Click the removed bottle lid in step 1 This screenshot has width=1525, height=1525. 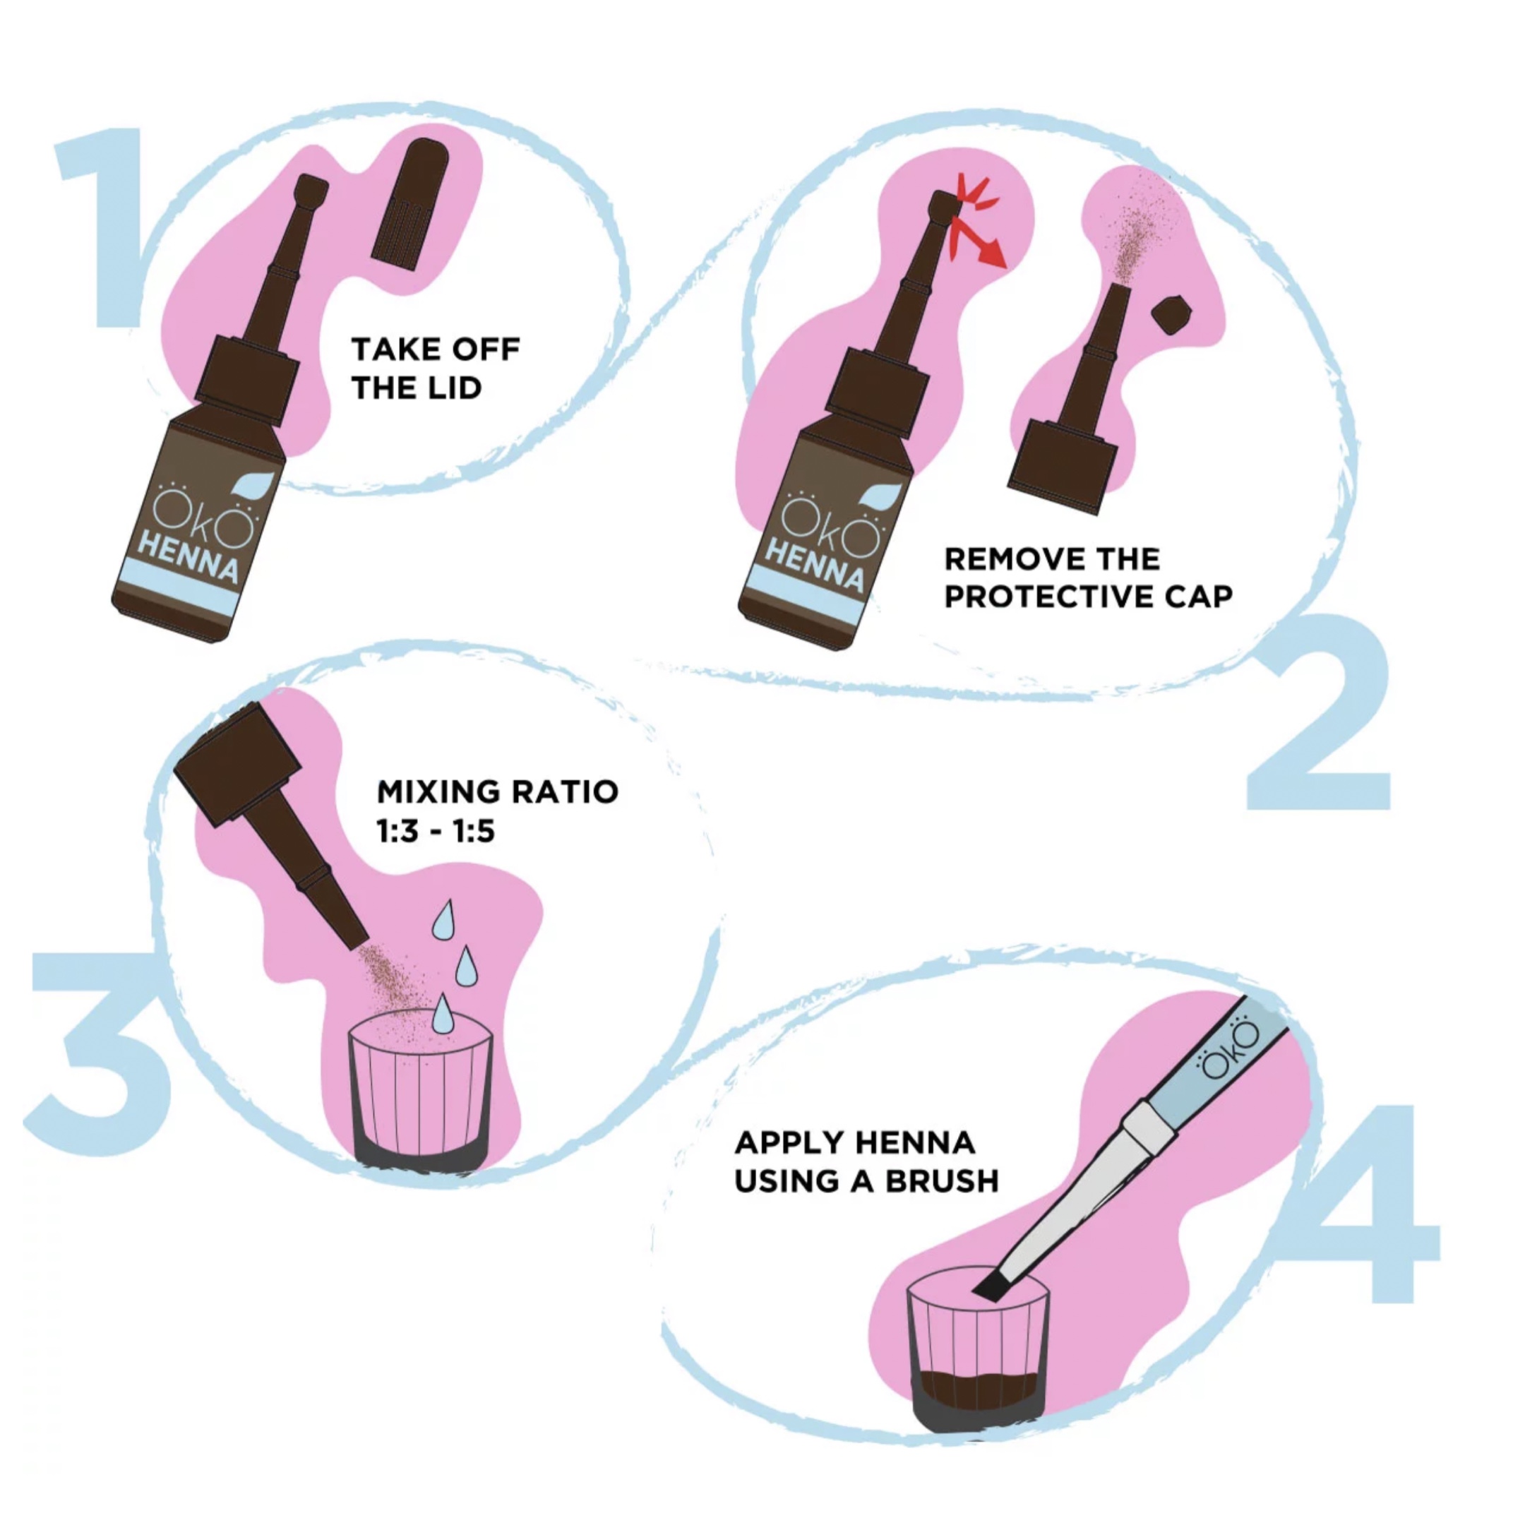[410, 201]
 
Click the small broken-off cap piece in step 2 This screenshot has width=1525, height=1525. [1171, 313]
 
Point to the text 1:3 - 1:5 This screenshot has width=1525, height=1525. [436, 831]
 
